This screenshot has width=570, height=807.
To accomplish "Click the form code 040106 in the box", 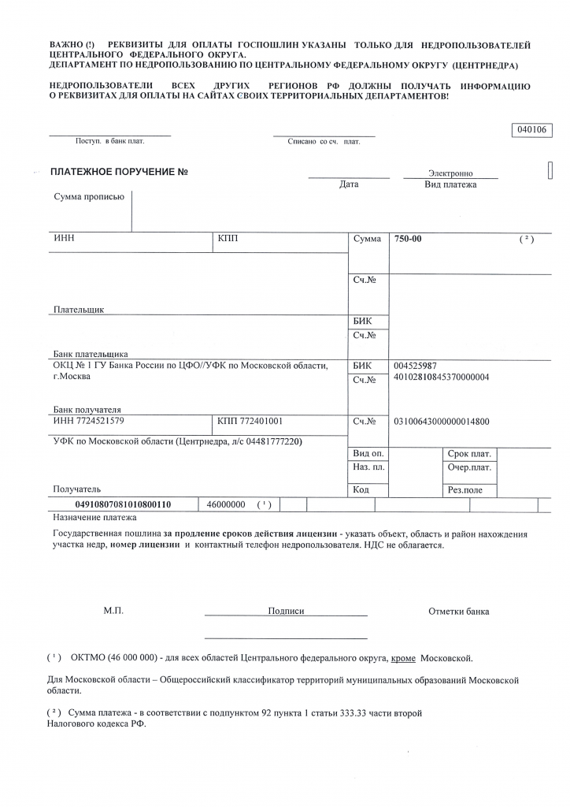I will (x=534, y=130).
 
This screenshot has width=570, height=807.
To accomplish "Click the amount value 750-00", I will (x=408, y=239).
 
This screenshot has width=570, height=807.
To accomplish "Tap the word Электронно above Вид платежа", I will (x=450, y=173).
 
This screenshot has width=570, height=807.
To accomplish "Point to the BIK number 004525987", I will (x=415, y=366).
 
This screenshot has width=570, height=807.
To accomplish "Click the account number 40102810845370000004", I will (x=441, y=377).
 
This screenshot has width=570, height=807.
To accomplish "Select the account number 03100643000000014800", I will (x=441, y=422).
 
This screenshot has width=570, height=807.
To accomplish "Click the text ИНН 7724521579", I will (x=88, y=421).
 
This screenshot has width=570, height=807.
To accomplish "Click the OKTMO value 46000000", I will (x=226, y=504).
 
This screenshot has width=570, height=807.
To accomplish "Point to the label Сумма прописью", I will (x=89, y=197).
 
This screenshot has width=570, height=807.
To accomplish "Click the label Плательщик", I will (x=79, y=310).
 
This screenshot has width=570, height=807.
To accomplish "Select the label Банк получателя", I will (x=87, y=410).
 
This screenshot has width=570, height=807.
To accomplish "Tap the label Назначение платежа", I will (x=94, y=518).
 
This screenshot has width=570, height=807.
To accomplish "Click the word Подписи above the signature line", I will (x=286, y=611).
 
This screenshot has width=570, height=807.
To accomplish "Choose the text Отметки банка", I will (x=459, y=611).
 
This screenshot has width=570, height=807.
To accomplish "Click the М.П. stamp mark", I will (x=113, y=611).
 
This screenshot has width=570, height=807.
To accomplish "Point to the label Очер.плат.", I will (x=469, y=468).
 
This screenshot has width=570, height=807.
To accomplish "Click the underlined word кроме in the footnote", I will (x=403, y=657).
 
